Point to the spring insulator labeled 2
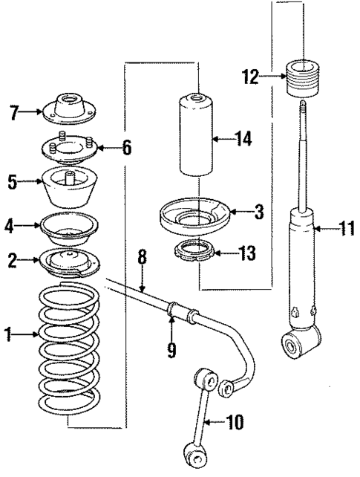(68, 262)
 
